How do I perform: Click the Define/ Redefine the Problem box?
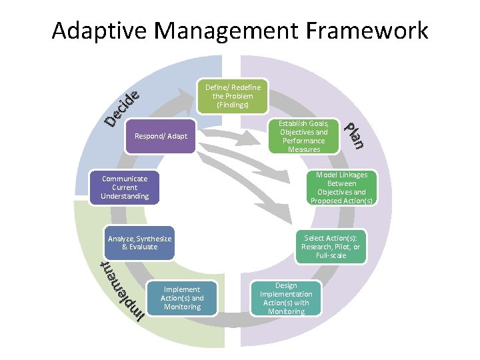click(x=233, y=96)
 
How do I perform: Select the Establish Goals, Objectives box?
click(x=303, y=137)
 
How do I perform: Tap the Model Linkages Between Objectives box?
click(x=341, y=187)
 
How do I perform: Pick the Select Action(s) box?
click(x=331, y=247)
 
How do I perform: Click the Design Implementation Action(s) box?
click(x=286, y=298)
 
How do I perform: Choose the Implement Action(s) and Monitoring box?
click(x=182, y=298)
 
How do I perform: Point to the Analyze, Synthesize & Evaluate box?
click(x=139, y=243)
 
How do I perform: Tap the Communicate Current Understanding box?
click(x=125, y=187)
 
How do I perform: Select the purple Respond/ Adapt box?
click(x=161, y=137)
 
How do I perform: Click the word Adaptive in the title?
click(x=93, y=31)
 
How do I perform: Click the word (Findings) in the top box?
click(x=233, y=105)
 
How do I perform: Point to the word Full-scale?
click(x=331, y=255)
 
